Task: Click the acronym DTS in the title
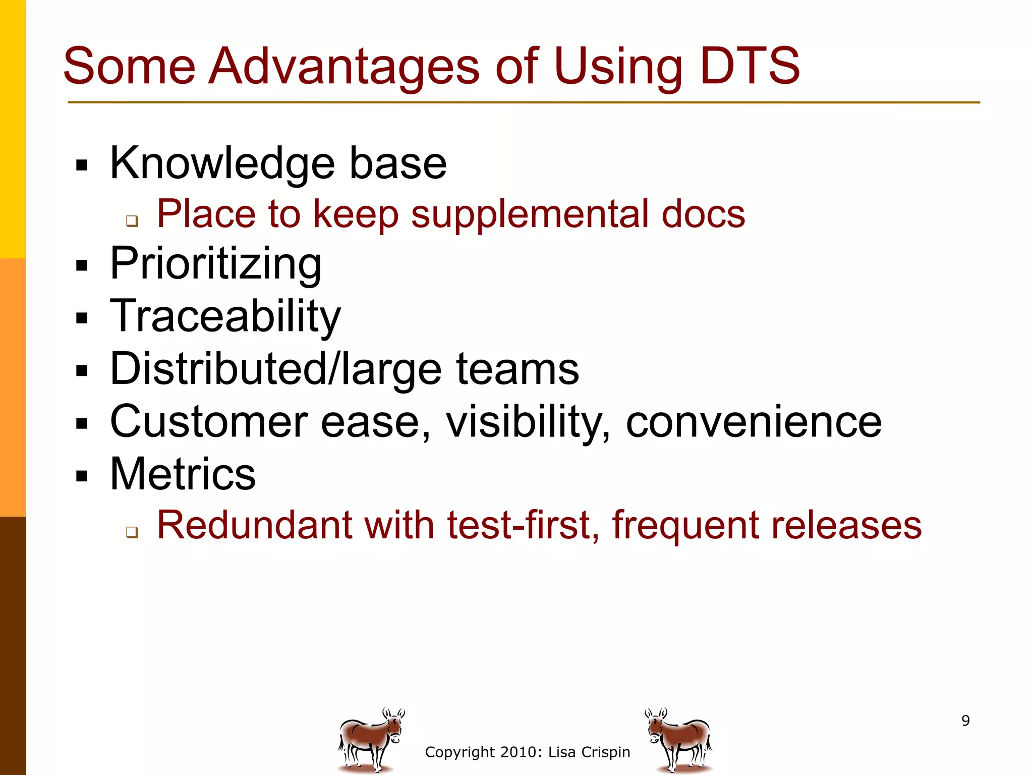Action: [x=750, y=67]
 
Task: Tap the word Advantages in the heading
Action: [x=344, y=67]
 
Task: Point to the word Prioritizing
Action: [x=215, y=264]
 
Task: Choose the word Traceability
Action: [x=225, y=316]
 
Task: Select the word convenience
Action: [x=754, y=422]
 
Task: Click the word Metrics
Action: [x=183, y=474]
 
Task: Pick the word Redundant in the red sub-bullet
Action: [x=254, y=525]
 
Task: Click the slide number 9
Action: [x=965, y=721]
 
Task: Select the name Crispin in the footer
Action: [x=605, y=752]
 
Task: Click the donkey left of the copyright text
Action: [x=370, y=739]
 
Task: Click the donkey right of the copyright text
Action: [x=679, y=739]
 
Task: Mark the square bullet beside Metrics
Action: [x=82, y=476]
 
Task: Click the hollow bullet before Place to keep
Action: [x=132, y=220]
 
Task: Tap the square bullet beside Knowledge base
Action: [x=82, y=165]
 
